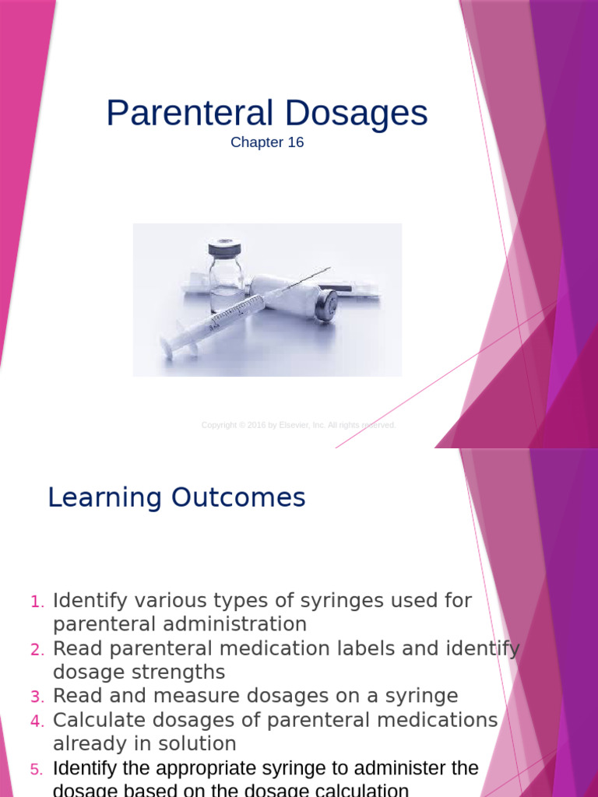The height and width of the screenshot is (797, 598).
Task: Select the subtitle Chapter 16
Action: (x=267, y=143)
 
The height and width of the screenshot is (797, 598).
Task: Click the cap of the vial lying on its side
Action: (x=326, y=304)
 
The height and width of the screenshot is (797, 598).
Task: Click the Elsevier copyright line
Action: (x=299, y=425)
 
